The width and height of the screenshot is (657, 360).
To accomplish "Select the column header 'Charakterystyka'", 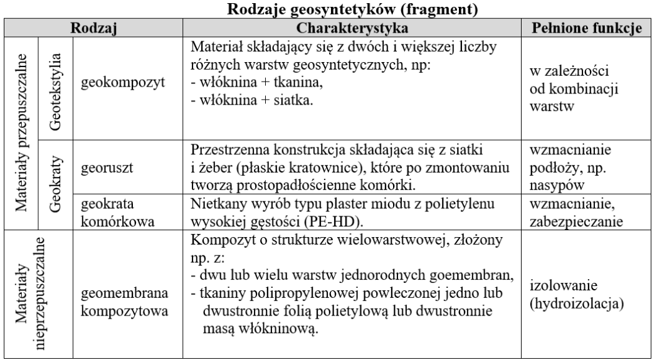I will tap(355, 29).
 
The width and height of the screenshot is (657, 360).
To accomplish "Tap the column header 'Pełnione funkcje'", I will tap(588, 29).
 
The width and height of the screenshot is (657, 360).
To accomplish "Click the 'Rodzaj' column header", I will tap(95, 29).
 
